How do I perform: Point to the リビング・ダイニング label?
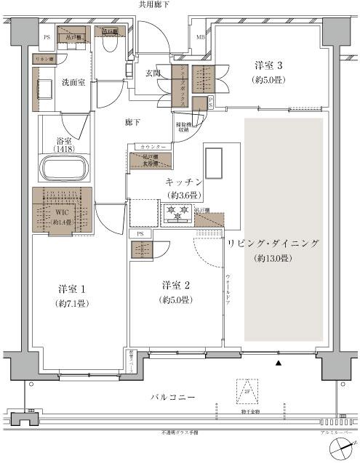[273, 244]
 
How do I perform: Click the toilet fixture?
[111, 49]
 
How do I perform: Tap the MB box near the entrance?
[199, 34]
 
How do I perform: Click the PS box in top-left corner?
[47, 36]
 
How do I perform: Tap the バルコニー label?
[171, 399]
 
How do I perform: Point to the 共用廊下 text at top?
[155, 5]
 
